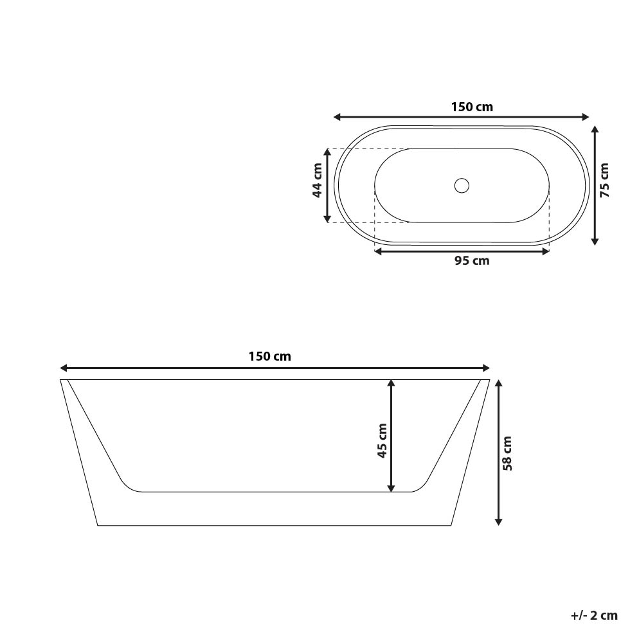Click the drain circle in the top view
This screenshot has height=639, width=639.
click(461, 186)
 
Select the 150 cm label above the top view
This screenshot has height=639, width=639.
click(472, 107)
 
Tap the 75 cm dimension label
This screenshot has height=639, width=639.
click(604, 180)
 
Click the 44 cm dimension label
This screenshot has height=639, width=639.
click(317, 181)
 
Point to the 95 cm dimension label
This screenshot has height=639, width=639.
click(472, 261)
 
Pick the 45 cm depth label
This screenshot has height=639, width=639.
click(382, 440)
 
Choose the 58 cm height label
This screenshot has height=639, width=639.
click(507, 453)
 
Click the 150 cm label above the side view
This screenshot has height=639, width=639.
click(270, 356)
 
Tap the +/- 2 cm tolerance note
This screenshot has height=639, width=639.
click(594, 615)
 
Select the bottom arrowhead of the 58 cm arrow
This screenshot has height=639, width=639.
click(498, 521)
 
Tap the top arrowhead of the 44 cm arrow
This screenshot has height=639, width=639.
click(328, 152)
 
